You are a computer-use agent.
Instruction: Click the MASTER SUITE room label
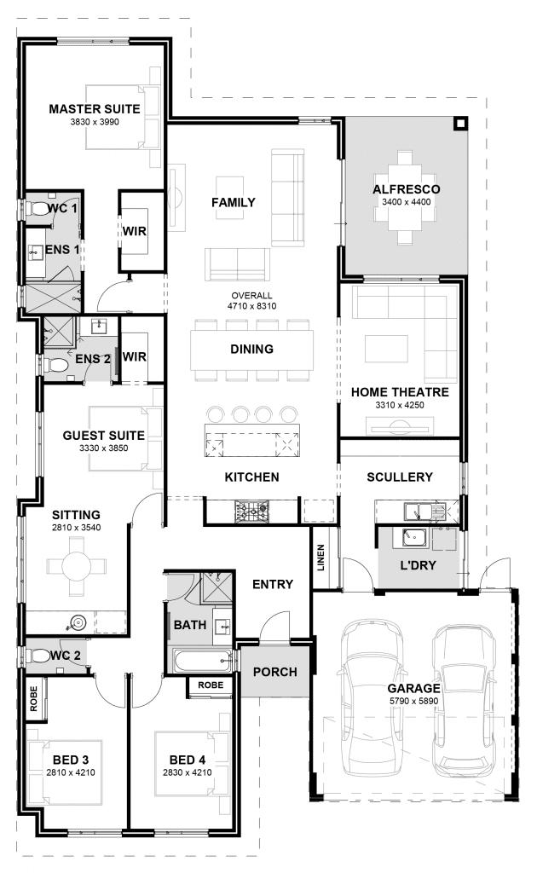pos(88,109)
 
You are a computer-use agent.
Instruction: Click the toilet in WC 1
pos(38,209)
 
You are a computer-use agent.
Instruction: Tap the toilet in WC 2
pos(39,656)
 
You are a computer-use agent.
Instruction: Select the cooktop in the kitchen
pos(251,511)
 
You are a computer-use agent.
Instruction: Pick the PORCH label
pos(275,672)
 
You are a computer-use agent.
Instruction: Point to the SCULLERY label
pos(400,477)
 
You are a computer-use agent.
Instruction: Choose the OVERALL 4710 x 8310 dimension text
pos(251,300)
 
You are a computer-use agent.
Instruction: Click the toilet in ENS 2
pos(57,365)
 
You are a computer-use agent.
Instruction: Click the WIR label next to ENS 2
pos(135,356)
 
